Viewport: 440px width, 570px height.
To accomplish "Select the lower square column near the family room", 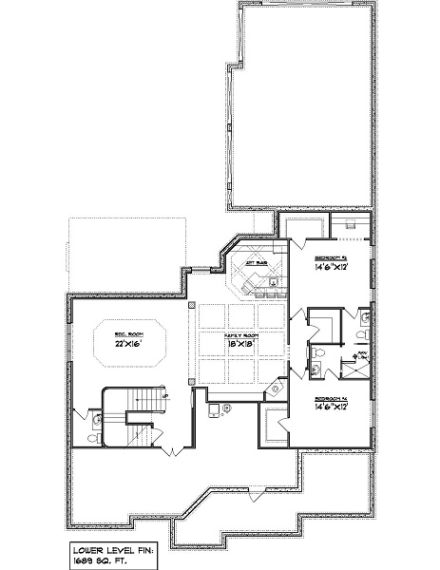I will (x=191, y=383).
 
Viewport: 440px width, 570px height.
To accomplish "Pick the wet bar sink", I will (x=274, y=281).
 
